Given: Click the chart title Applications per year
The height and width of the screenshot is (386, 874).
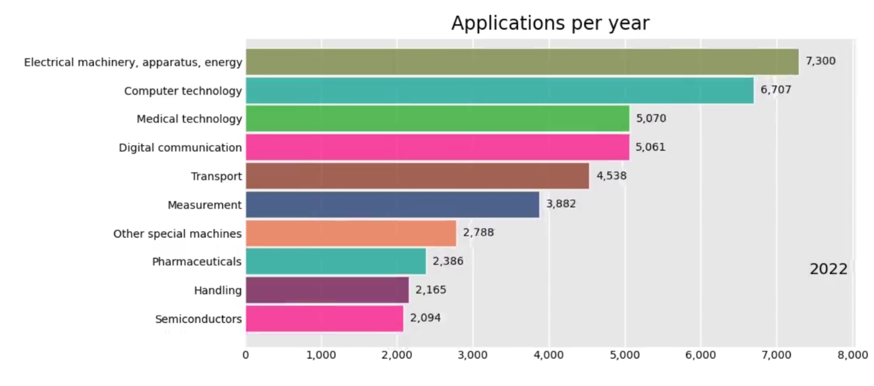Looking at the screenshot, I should tap(550, 23).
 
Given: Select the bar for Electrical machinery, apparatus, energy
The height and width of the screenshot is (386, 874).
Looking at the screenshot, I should tap(522, 62).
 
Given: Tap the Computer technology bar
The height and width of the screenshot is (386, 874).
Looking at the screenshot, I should tap(499, 90).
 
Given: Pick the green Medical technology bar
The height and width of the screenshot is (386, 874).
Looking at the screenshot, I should tap(437, 119).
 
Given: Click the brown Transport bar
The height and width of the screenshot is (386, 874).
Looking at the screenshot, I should tap(417, 176).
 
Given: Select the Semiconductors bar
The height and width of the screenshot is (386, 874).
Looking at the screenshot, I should tap(324, 319).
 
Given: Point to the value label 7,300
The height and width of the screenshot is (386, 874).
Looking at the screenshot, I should tap(820, 61).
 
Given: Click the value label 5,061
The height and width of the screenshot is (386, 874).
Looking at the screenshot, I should tap(650, 147).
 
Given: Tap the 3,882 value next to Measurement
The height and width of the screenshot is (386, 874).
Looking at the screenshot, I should tap(561, 204).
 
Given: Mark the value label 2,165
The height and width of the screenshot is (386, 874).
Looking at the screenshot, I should tap(430, 290).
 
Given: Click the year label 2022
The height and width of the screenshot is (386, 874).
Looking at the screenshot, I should tap(828, 269).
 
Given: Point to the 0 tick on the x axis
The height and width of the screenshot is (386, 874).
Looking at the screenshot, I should tap(246, 355).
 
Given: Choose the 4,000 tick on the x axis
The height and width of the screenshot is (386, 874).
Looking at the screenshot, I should tap(549, 355).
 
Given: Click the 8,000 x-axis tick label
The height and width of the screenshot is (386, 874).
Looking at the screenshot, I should tap(852, 355).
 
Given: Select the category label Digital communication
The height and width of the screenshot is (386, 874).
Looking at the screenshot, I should tap(180, 148).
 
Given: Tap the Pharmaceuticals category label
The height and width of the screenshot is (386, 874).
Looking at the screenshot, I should tap(197, 262).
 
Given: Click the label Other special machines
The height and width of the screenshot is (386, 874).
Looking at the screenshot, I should tap(177, 234).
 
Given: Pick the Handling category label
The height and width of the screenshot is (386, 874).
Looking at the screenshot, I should tap(218, 291).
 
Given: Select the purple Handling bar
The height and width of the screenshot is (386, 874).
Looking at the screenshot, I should tap(327, 290).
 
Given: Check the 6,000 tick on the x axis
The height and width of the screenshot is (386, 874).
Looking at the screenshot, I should tap(700, 355).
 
